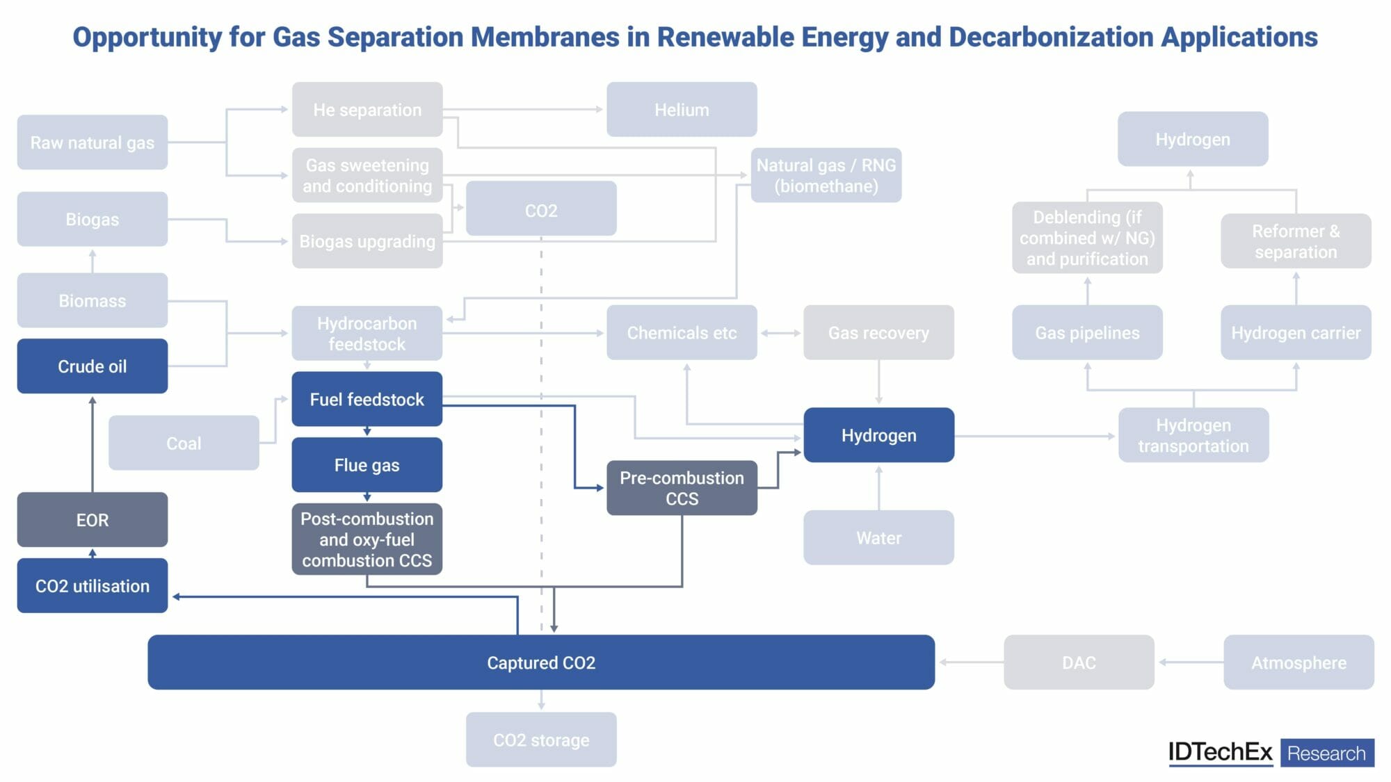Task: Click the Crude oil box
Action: coord(92,366)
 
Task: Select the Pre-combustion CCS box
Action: coord(682,488)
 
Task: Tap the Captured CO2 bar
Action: coord(540,662)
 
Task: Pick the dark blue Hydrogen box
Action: coord(878,435)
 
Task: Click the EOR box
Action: coord(92,520)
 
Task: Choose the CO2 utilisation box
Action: coord(92,586)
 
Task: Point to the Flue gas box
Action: coord(367,465)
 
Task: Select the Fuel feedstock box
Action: coord(367,399)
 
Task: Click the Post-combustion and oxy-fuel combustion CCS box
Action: coord(367,539)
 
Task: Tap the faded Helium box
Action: coord(682,110)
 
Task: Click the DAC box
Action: coord(1079,662)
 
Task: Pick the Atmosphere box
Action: coord(1298,662)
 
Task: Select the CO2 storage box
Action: coord(540,740)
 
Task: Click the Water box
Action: coord(878,538)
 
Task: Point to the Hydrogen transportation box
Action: coord(1193,435)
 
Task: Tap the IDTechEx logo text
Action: coord(1220,752)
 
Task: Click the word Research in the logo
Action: coord(1326,753)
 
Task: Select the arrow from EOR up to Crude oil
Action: coord(93,445)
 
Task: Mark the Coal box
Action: coord(184,443)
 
